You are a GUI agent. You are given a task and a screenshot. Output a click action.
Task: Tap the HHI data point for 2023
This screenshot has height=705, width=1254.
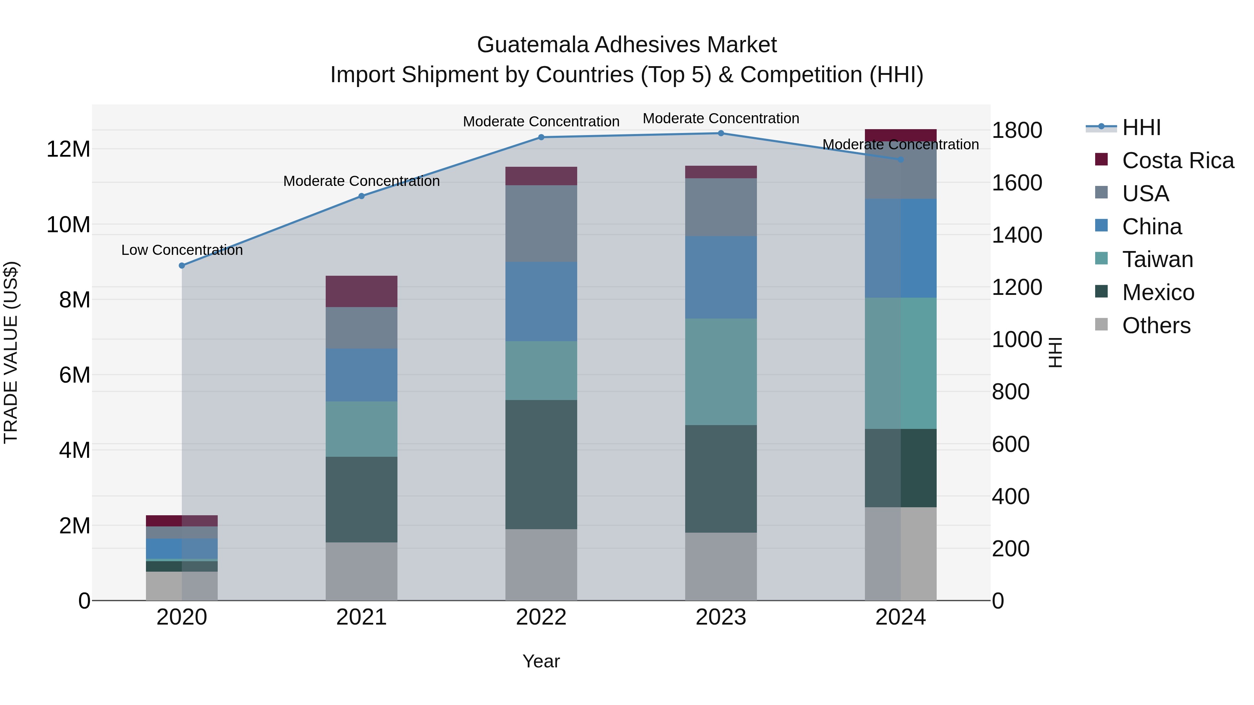pos(721,133)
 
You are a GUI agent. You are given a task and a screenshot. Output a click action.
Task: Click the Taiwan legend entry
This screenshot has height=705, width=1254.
pos(1157,259)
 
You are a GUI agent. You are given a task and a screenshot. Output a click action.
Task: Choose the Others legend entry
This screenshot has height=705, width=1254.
pos(1156,326)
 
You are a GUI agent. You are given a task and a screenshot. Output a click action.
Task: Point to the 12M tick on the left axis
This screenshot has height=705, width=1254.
pos(68,149)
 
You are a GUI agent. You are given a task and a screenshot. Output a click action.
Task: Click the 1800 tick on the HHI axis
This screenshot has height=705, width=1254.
pos(1017,131)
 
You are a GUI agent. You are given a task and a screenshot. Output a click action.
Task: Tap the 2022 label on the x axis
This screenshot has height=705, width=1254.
pos(541,617)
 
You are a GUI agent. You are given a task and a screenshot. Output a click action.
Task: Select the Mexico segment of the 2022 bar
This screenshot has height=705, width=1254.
pos(541,465)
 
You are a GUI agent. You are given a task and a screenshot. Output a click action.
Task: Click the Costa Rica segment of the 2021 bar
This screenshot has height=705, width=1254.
pos(361,291)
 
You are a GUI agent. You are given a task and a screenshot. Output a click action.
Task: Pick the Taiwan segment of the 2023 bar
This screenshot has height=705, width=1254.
pos(721,372)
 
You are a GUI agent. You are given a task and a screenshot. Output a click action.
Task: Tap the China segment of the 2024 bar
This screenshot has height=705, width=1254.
pos(900,248)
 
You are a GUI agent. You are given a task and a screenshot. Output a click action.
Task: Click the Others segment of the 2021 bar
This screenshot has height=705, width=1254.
pos(361,571)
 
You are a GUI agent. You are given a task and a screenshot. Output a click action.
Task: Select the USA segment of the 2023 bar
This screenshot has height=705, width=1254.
pos(721,207)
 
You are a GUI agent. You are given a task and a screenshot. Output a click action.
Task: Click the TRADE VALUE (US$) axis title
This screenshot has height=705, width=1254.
pos(11,352)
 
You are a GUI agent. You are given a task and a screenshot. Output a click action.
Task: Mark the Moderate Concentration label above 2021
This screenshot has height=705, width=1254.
pos(361,181)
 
